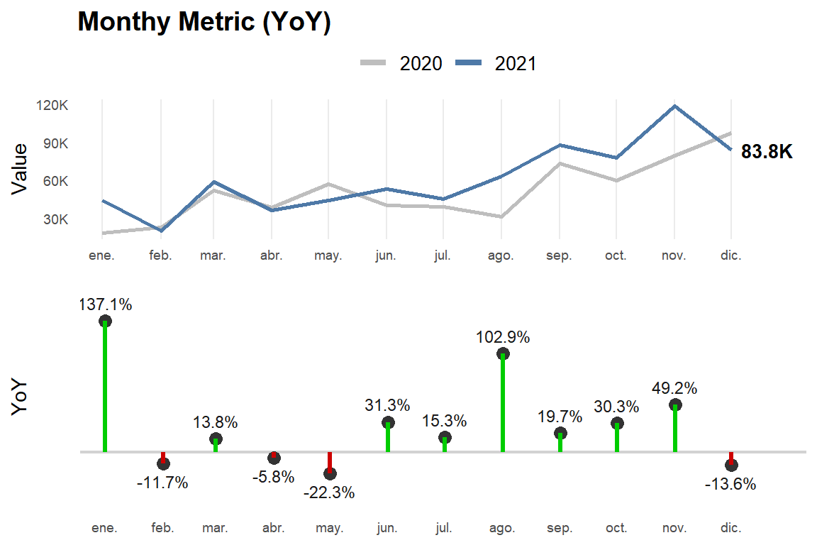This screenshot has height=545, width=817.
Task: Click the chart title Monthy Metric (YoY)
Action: [204, 23]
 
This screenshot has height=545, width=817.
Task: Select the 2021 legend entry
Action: [496, 64]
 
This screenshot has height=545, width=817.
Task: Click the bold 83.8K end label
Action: [767, 152]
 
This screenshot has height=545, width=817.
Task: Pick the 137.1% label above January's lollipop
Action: [105, 304]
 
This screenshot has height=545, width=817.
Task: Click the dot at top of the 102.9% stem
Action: [503, 354]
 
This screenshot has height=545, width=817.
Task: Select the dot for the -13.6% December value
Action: [731, 465]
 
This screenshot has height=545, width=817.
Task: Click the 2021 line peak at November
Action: [674, 106]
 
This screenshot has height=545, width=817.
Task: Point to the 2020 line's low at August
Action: [501, 216]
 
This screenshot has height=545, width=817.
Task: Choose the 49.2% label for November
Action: [674, 388]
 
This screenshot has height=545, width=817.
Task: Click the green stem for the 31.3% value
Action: [388, 439]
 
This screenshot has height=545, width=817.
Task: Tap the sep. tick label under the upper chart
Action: [559, 255]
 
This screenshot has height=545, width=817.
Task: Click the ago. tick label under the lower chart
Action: [501, 528]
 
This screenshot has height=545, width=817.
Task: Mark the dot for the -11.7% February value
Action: [163, 463]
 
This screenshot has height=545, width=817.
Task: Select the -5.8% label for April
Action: [273, 477]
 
